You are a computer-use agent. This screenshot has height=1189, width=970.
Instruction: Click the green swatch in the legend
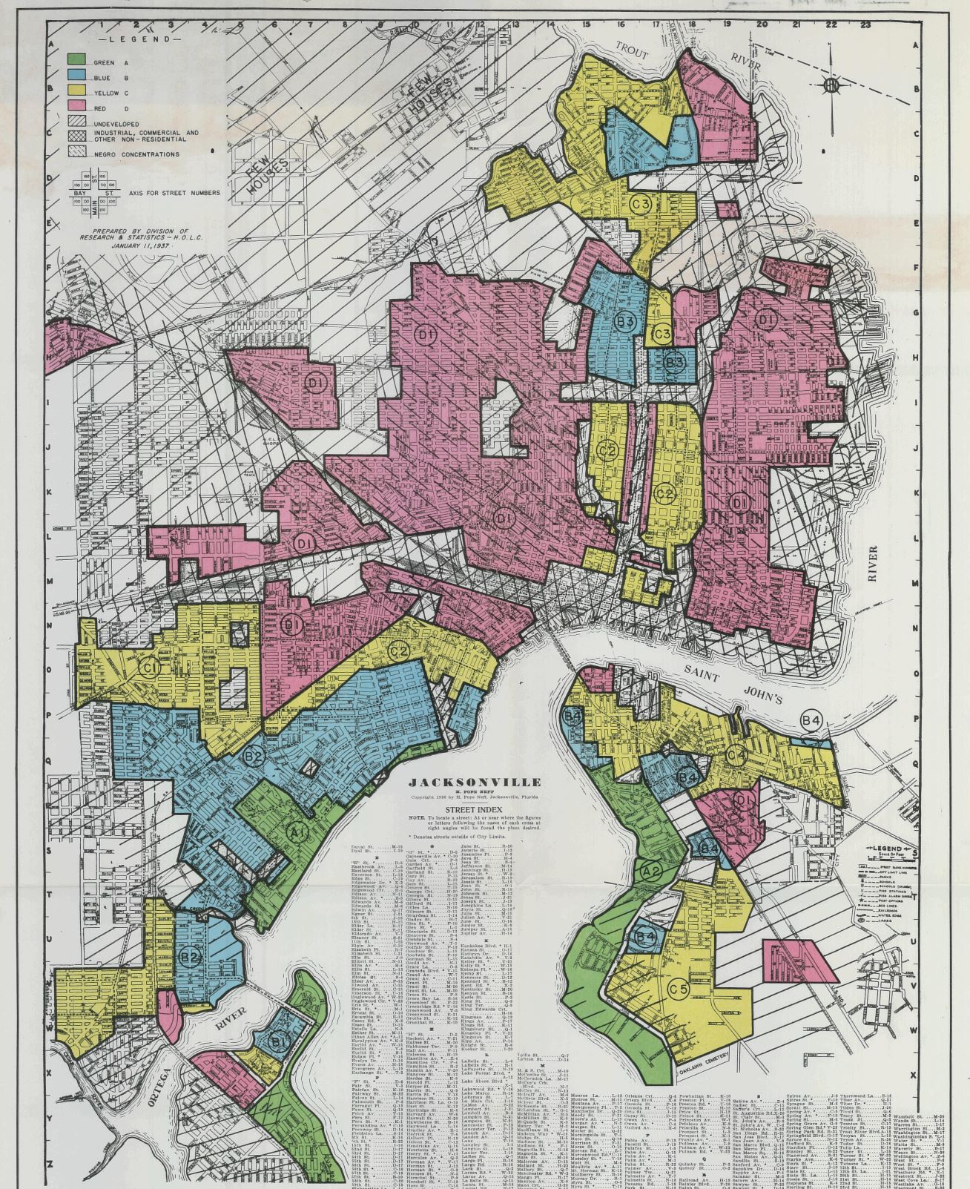click(77, 59)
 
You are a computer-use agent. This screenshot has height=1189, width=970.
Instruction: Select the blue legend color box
click(77, 75)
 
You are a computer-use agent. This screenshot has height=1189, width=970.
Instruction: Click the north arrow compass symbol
click(831, 86)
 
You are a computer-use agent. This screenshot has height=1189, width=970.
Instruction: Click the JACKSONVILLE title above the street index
click(475, 782)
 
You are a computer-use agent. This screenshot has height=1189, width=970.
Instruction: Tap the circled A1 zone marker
click(297, 833)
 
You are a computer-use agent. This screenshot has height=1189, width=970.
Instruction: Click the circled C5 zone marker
click(679, 989)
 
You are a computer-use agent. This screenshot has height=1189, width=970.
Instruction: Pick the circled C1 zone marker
click(151, 668)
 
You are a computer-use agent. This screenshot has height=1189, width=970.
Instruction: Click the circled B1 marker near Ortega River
click(280, 1041)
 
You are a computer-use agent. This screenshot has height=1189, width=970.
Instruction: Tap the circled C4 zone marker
click(736, 756)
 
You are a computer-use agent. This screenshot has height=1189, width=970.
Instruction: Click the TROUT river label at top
click(632, 52)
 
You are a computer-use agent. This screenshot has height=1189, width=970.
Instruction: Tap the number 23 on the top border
click(865, 24)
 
